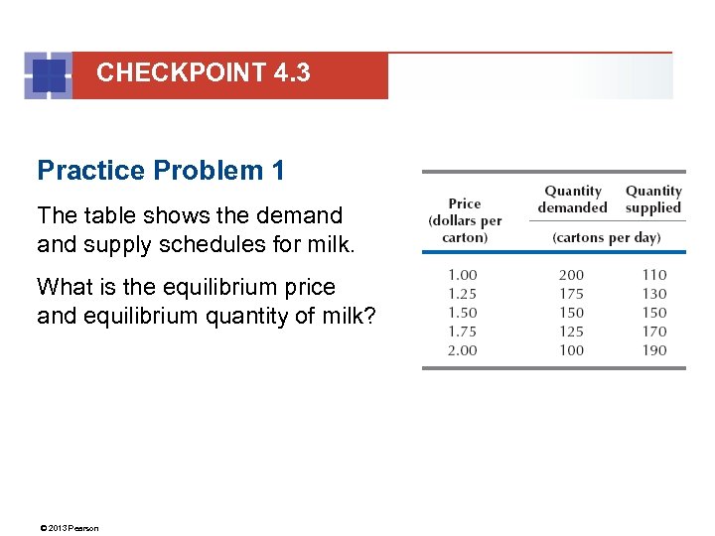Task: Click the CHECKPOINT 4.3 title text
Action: point(203,72)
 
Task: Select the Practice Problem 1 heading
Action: point(161,171)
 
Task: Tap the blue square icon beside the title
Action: point(48,75)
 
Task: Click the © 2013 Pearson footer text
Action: point(69,528)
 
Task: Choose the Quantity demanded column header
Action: point(572,200)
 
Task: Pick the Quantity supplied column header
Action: point(653,200)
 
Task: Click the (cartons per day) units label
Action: point(606,238)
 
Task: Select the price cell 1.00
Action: point(462,275)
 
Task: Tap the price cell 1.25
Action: point(462,294)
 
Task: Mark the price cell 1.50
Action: point(462,313)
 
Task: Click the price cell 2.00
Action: point(462,350)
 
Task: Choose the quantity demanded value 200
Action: point(571,275)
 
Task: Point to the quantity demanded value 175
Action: point(571,294)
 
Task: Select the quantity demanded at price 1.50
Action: point(571,313)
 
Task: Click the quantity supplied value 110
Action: point(653,275)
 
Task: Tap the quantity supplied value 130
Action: point(653,294)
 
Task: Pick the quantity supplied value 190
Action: point(653,350)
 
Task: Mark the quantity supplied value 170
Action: point(653,332)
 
